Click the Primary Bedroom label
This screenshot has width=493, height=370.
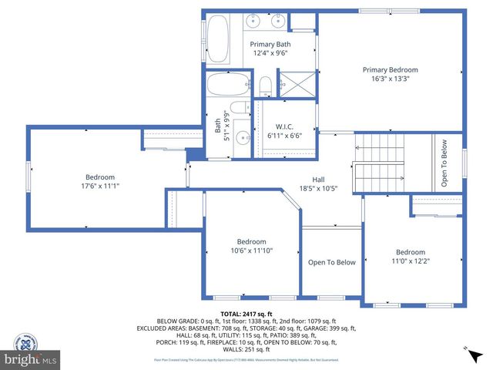click(x=391, y=69)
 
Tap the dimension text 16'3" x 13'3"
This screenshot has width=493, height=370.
click(x=391, y=79)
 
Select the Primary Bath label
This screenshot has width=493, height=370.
click(x=271, y=44)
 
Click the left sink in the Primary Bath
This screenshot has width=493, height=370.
click(x=254, y=21)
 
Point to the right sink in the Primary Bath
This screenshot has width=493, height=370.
click(x=279, y=21)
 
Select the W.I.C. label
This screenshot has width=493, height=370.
click(x=284, y=126)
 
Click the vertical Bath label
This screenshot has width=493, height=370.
click(x=218, y=121)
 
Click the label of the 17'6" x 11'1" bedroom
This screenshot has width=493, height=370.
click(x=99, y=177)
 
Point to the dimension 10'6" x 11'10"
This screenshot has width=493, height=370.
click(x=251, y=251)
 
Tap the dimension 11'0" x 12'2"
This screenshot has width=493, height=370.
click(x=410, y=261)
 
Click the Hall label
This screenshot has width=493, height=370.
click(x=318, y=179)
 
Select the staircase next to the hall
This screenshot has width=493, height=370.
click(x=378, y=166)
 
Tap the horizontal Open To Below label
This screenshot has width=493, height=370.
click(x=331, y=262)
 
